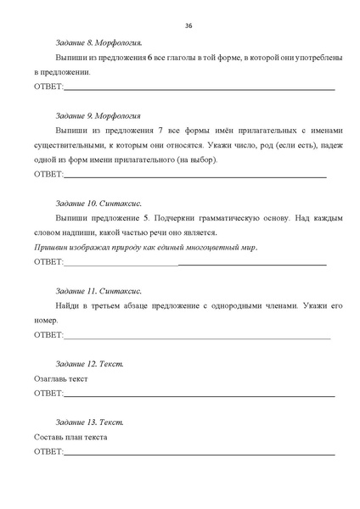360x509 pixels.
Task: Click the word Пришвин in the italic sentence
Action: (x=49, y=247)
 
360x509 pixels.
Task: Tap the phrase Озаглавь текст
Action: (x=60, y=378)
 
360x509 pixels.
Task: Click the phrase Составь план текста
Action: (x=70, y=437)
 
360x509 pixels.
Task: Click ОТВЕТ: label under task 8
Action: (x=48, y=87)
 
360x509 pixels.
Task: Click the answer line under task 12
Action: (x=200, y=395)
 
